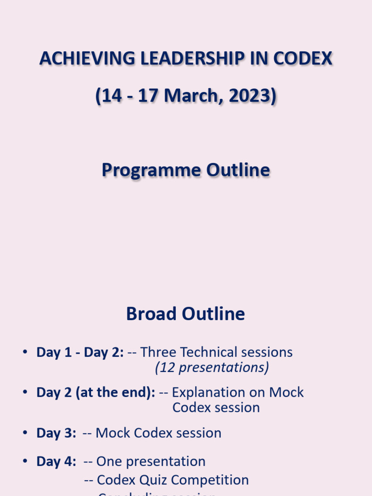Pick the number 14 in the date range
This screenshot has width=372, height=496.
(111, 96)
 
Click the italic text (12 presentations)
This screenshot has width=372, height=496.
(212, 368)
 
